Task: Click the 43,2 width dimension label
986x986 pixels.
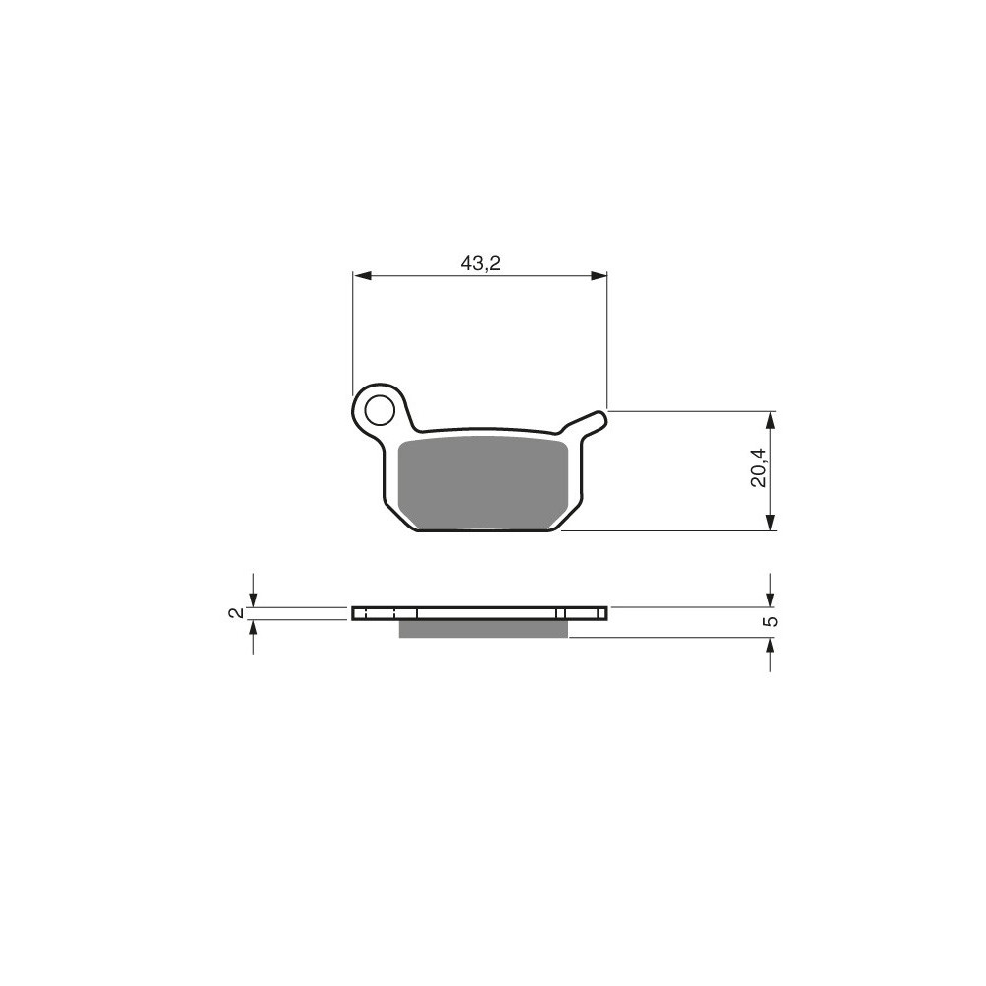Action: coord(480,263)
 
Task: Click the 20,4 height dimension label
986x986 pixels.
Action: coord(758,467)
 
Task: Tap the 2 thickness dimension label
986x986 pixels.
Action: coord(236,612)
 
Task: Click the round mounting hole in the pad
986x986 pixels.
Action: coord(379,411)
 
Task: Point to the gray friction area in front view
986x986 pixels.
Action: coord(483,483)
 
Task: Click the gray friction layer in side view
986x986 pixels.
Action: coord(483,629)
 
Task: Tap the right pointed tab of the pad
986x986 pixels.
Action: coord(591,421)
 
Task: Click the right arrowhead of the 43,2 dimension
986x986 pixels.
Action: coord(599,275)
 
